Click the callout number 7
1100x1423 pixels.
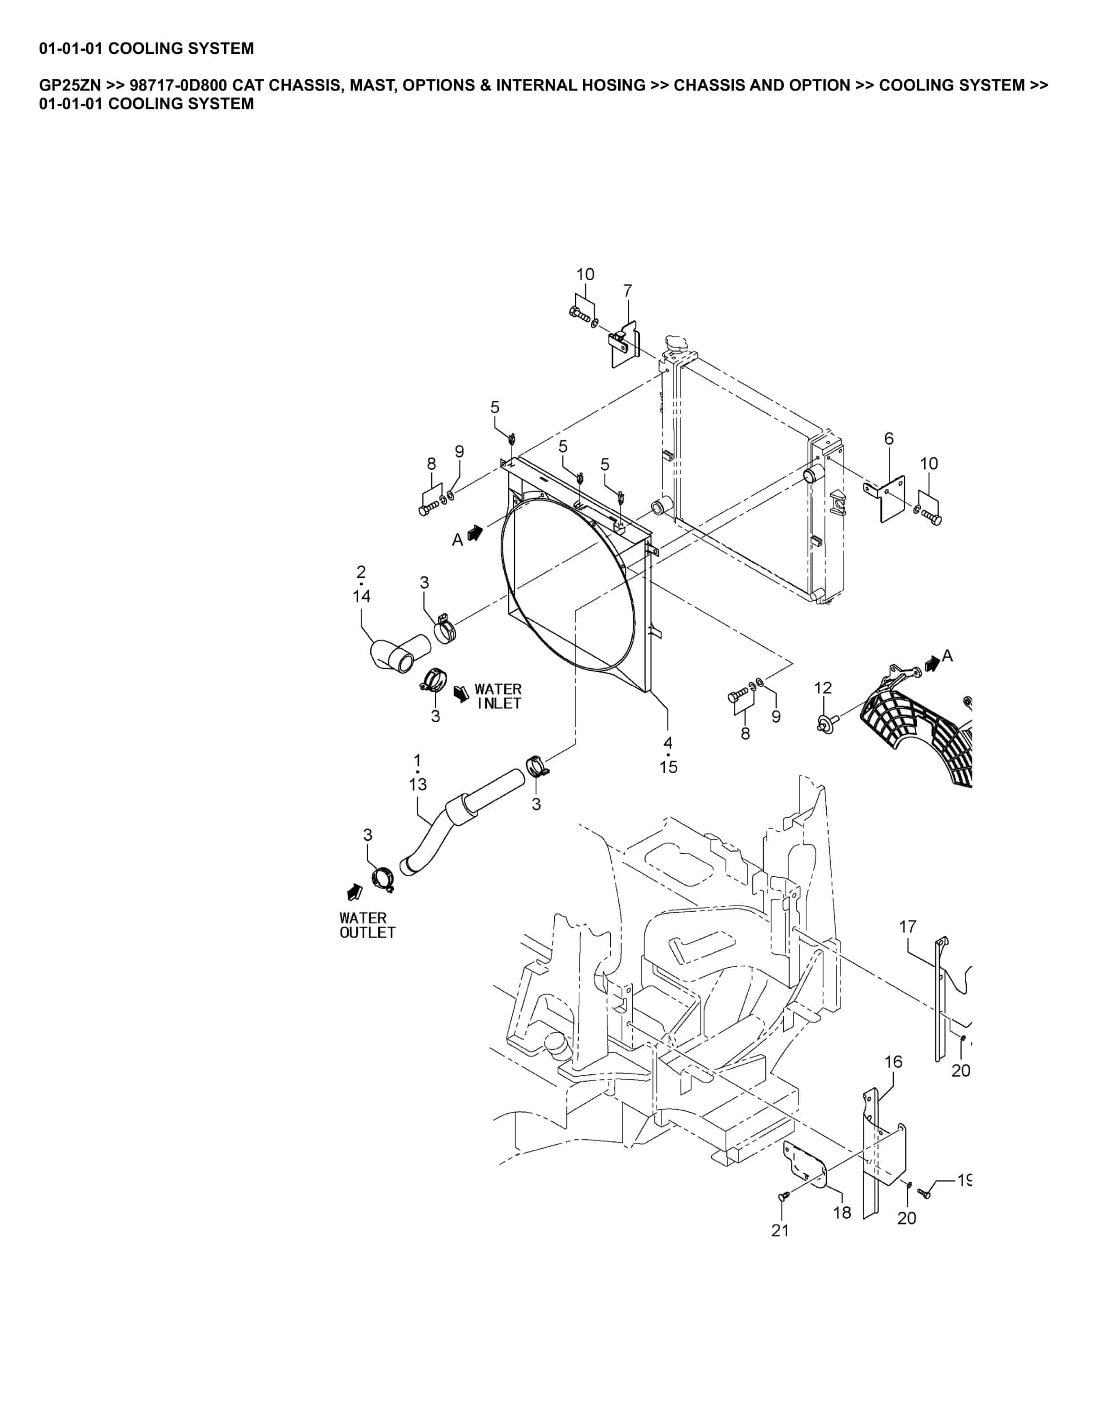(628, 291)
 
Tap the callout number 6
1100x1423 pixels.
(889, 438)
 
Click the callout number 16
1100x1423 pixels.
(893, 1061)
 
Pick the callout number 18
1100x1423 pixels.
(842, 1212)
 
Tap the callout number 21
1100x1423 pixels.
(780, 1230)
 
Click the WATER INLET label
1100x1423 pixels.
(498, 696)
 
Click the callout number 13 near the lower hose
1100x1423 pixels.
(418, 784)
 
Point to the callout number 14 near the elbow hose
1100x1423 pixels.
(362, 596)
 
